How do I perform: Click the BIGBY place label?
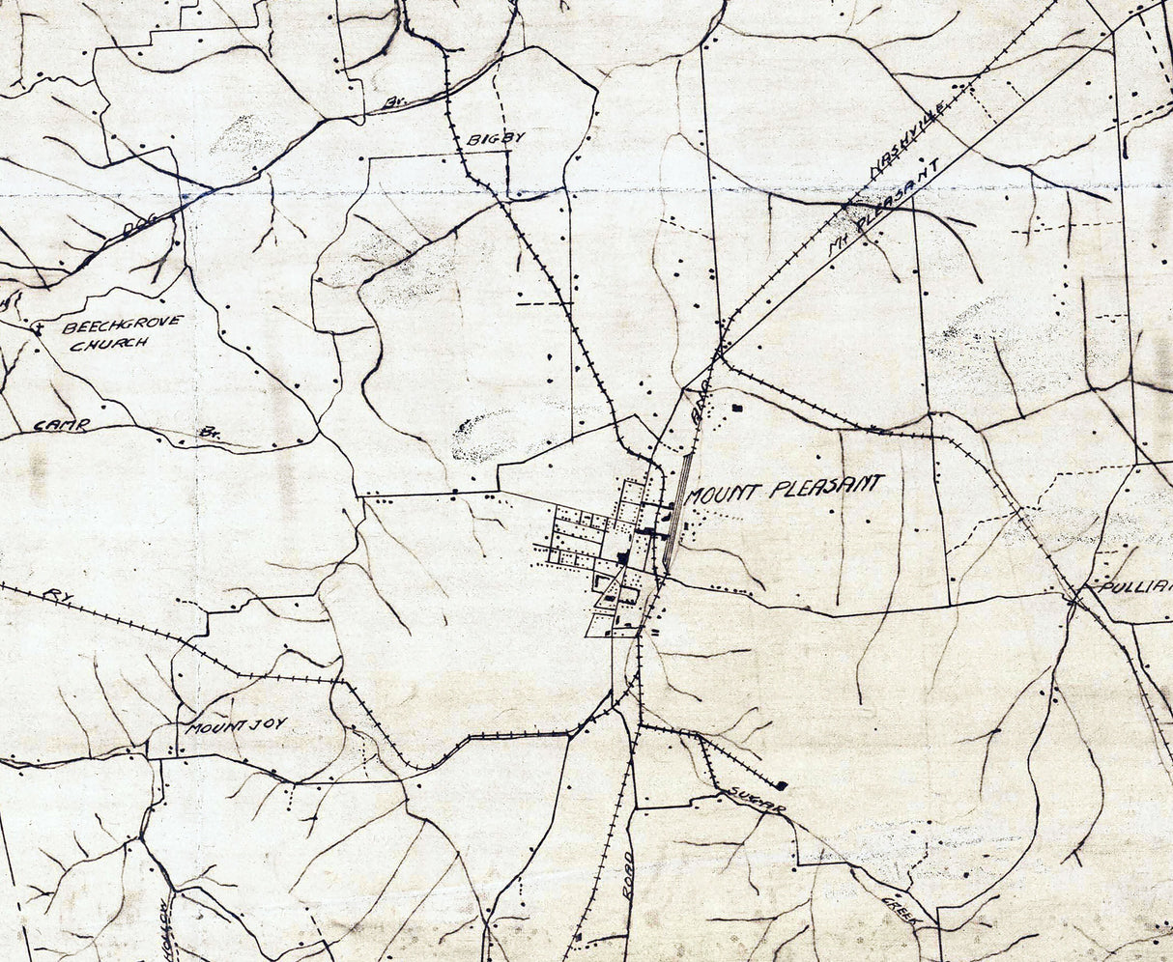coord(495,138)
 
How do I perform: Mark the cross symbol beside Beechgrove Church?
coord(37,329)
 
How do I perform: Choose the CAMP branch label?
coord(62,424)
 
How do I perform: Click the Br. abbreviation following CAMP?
coord(210,433)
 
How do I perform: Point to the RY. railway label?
coord(53,595)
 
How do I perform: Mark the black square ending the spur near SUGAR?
coord(781,785)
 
